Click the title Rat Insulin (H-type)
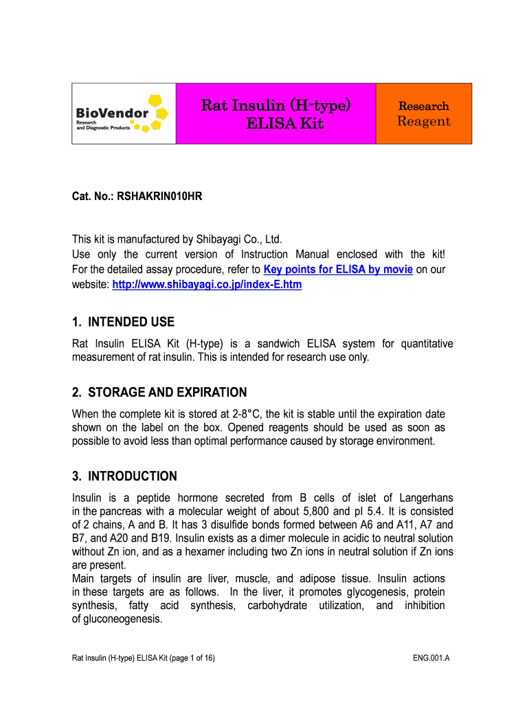[275, 105]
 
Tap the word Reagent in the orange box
[424, 122]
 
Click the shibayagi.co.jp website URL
[207, 284]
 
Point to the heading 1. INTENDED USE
[124, 322]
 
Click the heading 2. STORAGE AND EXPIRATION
[159, 393]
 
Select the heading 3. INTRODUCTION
[124, 476]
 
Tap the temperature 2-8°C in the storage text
[243, 414]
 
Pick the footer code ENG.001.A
[431, 659]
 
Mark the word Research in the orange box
[424, 106]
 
